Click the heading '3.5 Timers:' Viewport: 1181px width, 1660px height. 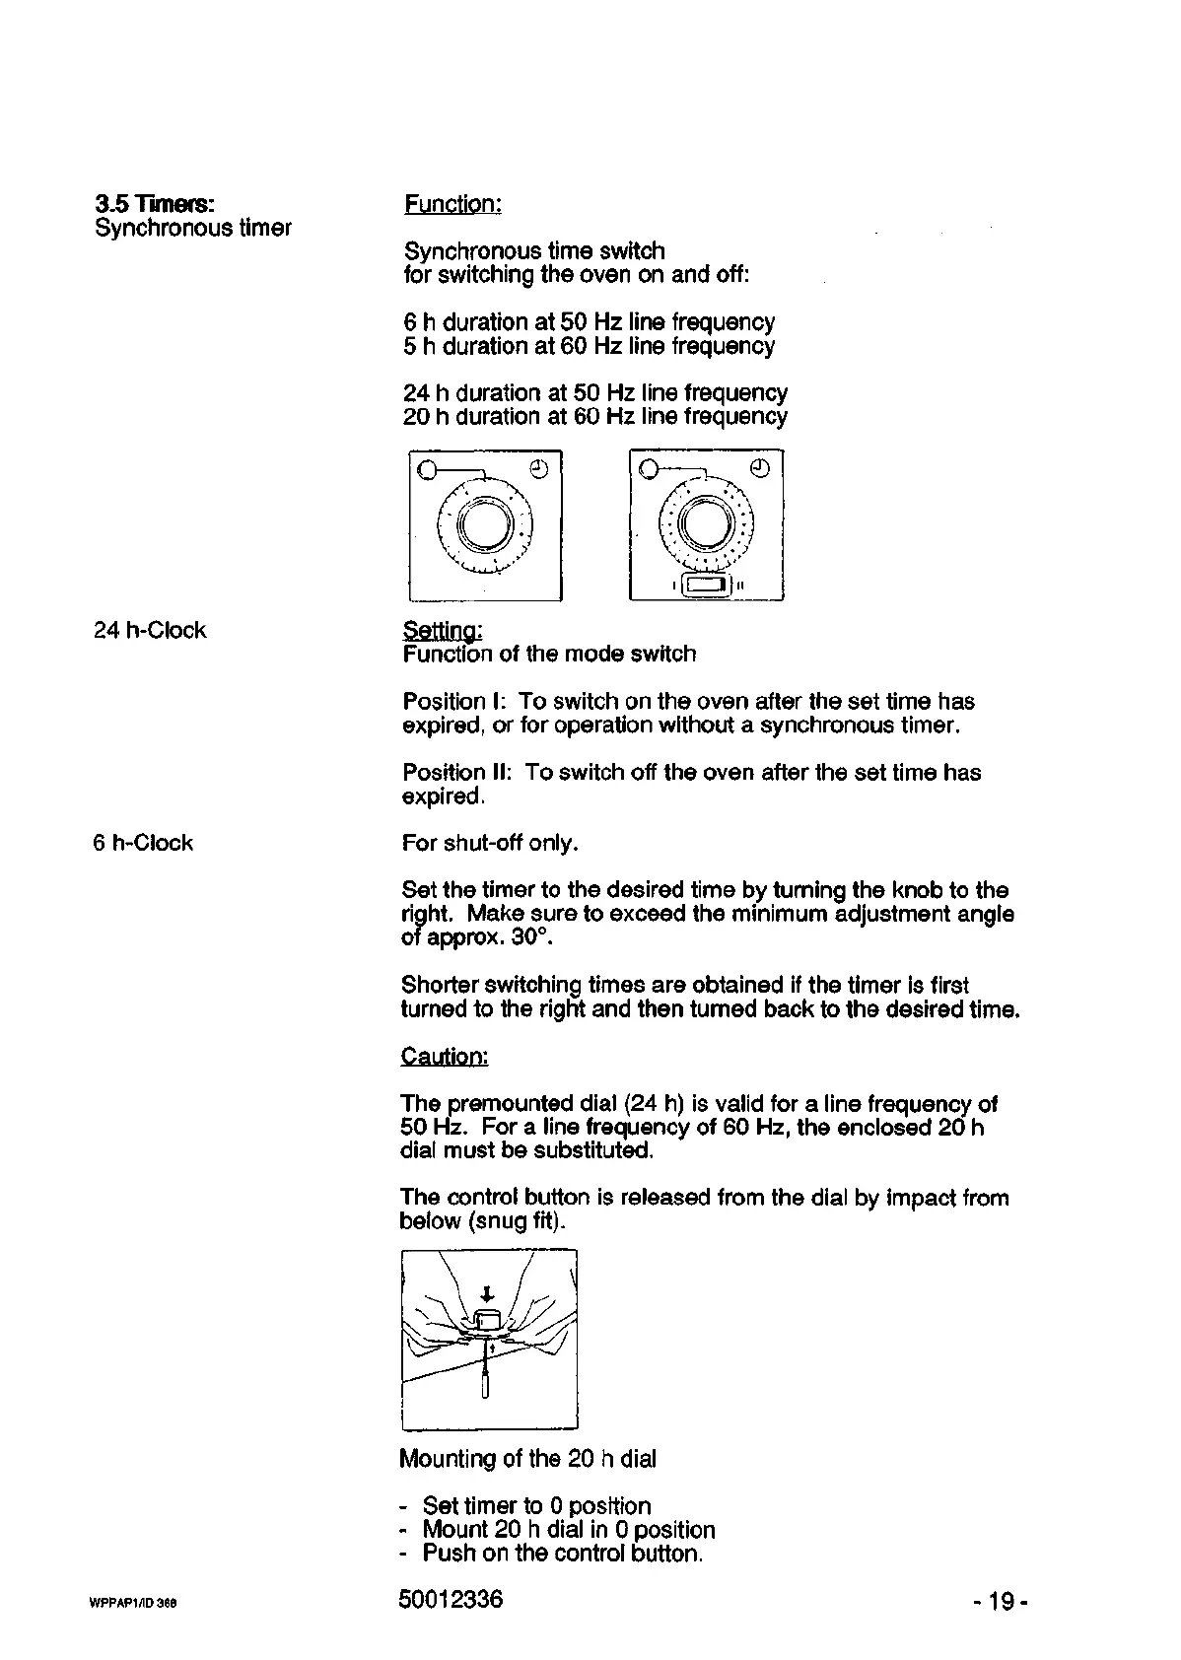point(154,204)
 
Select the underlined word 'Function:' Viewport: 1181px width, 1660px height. point(452,204)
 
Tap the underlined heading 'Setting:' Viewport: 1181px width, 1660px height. point(442,630)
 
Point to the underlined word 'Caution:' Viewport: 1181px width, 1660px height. point(444,1057)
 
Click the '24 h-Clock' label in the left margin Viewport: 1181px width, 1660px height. point(150,630)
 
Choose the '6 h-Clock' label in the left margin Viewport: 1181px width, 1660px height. point(143,843)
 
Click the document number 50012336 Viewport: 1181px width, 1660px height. point(451,1599)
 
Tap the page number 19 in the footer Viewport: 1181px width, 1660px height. point(1001,1602)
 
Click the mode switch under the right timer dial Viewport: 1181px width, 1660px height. point(706,586)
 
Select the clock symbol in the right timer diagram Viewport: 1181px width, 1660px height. point(760,467)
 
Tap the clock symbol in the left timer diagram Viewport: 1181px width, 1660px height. point(538,467)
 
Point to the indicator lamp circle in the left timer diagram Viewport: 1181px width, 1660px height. point(426,469)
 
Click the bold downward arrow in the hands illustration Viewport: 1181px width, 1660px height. point(486,1293)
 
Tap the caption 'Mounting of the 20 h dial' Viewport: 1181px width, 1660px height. point(527,1458)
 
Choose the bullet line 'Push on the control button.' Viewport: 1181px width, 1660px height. point(562,1553)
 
